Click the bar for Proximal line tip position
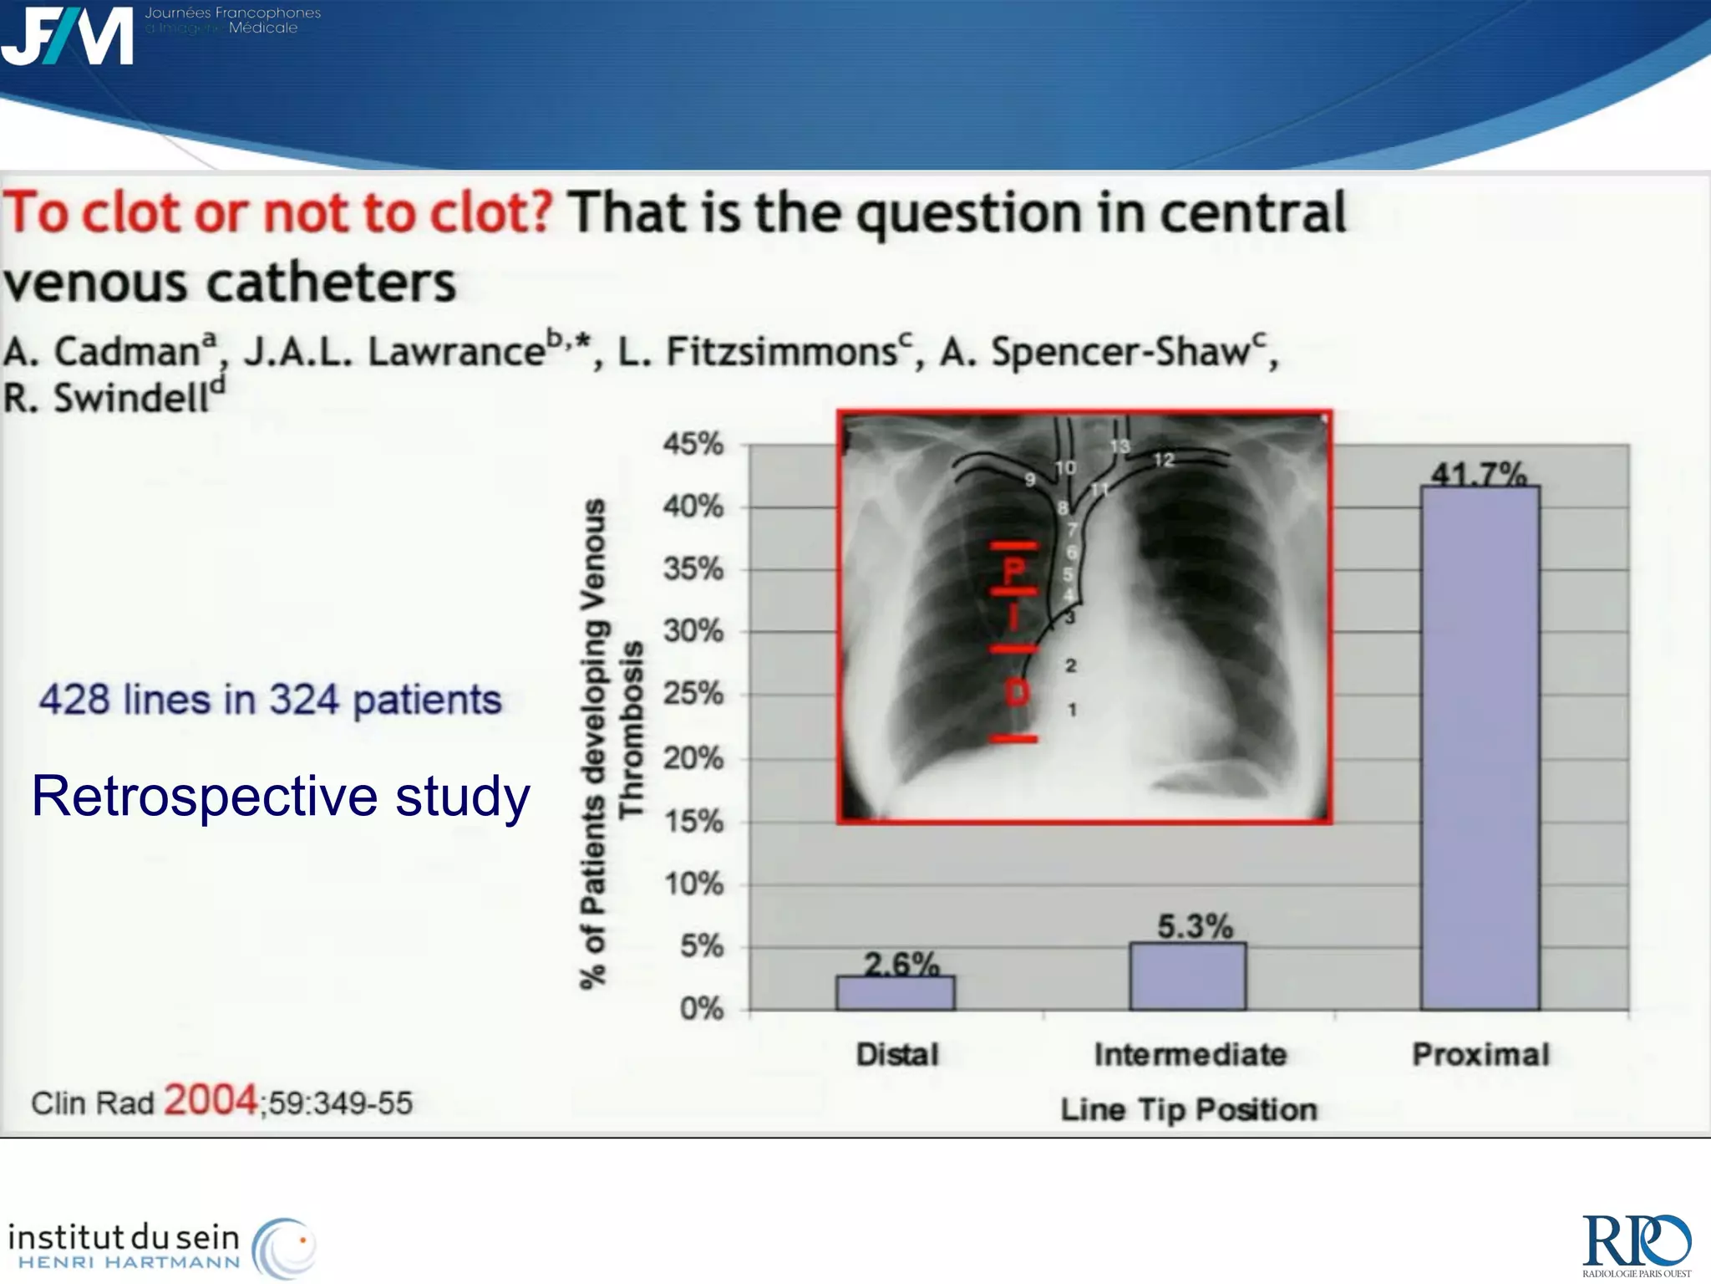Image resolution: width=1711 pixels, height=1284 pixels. (x=1480, y=748)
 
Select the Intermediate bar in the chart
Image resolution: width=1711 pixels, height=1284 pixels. (x=1187, y=976)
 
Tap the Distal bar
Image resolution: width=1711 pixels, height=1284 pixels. (x=895, y=993)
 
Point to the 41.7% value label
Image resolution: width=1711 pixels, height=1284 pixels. (x=1479, y=474)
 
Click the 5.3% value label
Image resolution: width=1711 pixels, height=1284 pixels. (x=1195, y=926)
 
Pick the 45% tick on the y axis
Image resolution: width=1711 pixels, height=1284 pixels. (x=693, y=444)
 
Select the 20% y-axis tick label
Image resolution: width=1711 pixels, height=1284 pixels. (x=693, y=758)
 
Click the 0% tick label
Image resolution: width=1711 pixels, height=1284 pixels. (x=701, y=1009)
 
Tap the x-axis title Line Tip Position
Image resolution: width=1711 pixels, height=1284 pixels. (x=1188, y=1109)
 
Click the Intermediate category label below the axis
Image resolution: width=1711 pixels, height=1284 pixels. (x=1190, y=1055)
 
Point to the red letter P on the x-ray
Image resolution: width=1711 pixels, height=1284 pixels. (x=1013, y=572)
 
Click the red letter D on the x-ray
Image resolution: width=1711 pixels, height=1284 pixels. (x=1016, y=692)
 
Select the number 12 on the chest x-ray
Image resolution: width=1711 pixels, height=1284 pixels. (x=1163, y=460)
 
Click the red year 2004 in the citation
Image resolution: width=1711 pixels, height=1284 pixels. (x=210, y=1100)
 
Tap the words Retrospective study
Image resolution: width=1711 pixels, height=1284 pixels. (x=281, y=796)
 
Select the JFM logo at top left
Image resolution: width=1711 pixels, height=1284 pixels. (x=67, y=35)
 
